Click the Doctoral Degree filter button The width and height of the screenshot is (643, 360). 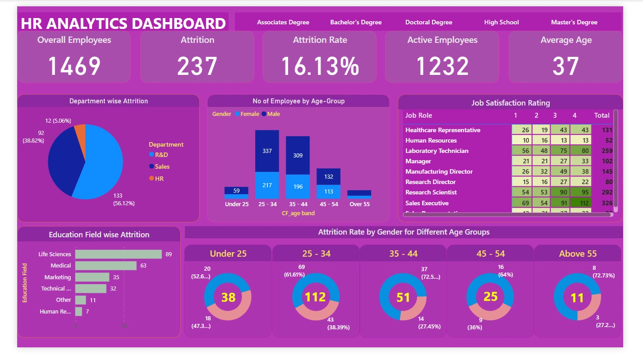click(428, 22)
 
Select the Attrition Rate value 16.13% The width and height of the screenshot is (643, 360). click(320, 66)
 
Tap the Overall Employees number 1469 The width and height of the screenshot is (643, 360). click(74, 66)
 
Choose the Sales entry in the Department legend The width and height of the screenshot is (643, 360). click(162, 166)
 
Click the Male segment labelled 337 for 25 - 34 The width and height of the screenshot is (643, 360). click(267, 151)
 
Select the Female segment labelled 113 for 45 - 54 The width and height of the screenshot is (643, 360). click(328, 191)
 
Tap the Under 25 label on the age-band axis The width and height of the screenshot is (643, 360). click(237, 204)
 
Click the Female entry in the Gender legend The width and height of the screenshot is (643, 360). click(249, 114)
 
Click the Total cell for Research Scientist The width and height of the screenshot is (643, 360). click(602, 193)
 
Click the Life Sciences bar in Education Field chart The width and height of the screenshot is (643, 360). click(118, 254)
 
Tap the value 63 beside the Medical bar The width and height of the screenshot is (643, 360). click(143, 266)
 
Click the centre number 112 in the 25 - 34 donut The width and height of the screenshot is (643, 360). click(315, 297)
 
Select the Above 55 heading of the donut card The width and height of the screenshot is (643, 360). click(578, 254)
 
